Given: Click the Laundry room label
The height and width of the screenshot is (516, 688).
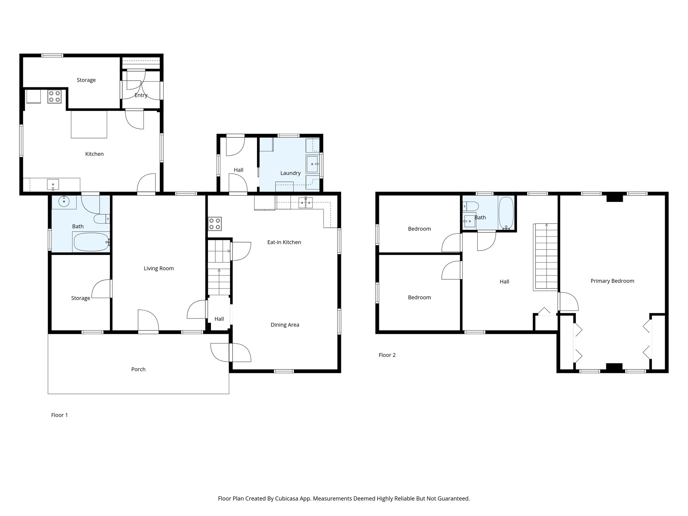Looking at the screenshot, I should pyautogui.click(x=290, y=173).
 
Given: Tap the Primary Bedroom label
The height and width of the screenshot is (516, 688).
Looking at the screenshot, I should pyautogui.click(x=612, y=281).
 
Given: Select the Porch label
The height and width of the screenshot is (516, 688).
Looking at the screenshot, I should pyautogui.click(x=138, y=369).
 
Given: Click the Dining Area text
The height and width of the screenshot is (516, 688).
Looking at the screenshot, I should pyautogui.click(x=285, y=325).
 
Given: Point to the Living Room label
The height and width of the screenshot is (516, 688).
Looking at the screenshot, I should pyautogui.click(x=159, y=268).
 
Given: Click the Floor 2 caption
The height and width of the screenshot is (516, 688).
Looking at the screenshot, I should pyautogui.click(x=387, y=355).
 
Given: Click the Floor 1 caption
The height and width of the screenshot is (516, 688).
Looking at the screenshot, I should pyautogui.click(x=59, y=415).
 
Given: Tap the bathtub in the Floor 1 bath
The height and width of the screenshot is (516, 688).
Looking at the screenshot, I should pyautogui.click(x=91, y=242).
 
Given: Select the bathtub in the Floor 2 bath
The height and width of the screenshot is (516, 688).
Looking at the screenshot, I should pyautogui.click(x=506, y=213).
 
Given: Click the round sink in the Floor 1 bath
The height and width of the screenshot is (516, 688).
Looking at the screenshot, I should pyautogui.click(x=64, y=202).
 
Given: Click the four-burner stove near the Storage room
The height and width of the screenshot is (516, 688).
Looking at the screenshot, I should pyautogui.click(x=54, y=96).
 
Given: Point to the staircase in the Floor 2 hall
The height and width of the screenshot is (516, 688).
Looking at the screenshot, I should pyautogui.click(x=546, y=257).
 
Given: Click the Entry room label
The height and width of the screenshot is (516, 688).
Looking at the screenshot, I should pyautogui.click(x=141, y=95).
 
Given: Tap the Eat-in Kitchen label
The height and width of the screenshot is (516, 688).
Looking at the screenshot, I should pyautogui.click(x=284, y=242).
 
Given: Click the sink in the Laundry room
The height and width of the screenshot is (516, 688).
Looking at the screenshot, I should pyautogui.click(x=312, y=164).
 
